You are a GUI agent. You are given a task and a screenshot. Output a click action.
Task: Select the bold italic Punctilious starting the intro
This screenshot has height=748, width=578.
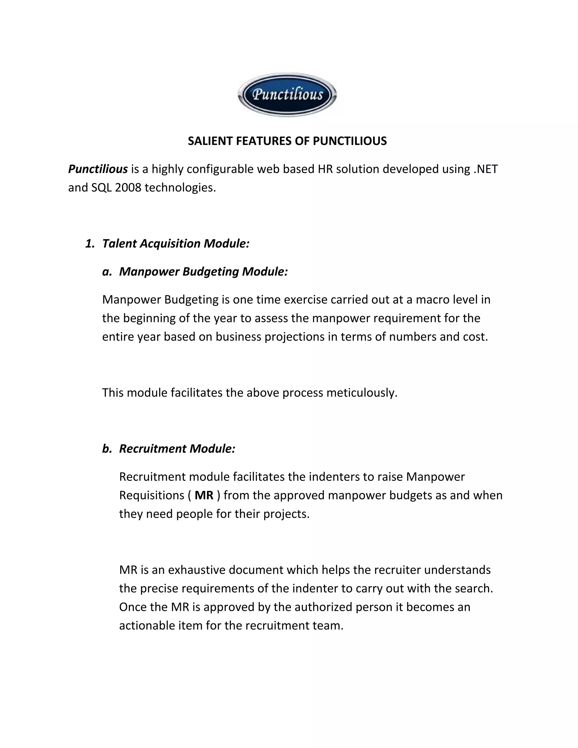(x=98, y=169)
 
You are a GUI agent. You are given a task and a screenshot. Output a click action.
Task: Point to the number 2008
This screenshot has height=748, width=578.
(x=128, y=188)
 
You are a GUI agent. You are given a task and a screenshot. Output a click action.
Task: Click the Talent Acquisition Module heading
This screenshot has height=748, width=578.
(x=176, y=244)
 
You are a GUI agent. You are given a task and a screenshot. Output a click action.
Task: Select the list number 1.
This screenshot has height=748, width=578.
(x=90, y=244)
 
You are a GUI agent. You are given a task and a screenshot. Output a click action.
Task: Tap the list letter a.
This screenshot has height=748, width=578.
(x=107, y=272)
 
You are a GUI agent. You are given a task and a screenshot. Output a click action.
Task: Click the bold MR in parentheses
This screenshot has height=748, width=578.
(x=204, y=495)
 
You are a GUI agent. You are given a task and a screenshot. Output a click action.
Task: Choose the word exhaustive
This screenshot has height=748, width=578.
(x=196, y=570)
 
